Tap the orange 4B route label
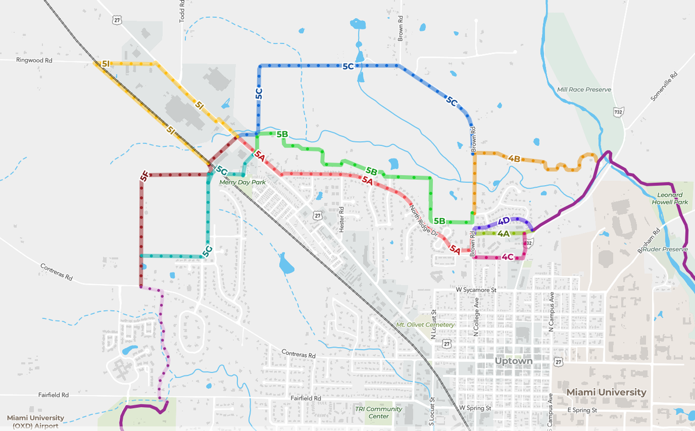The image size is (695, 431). click(514, 159)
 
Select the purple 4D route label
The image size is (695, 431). click(503, 221)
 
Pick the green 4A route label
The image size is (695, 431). click(503, 234)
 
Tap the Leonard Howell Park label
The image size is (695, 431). click(672, 199)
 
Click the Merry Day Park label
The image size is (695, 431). click(242, 182)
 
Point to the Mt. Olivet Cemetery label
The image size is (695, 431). click(425, 325)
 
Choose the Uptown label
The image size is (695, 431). click(513, 361)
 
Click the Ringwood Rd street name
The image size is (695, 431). click(34, 59)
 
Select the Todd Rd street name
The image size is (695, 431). click(181, 11)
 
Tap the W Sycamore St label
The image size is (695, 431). click(477, 289)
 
